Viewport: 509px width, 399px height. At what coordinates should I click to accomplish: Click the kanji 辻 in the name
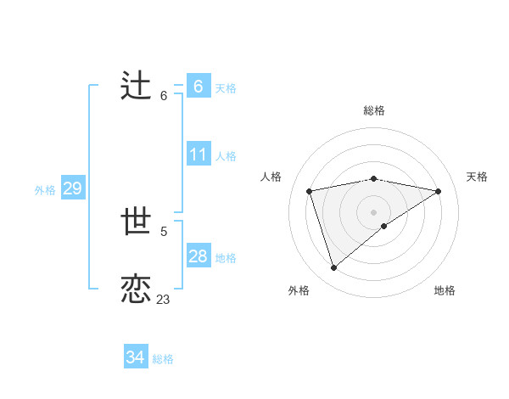pos(136,87)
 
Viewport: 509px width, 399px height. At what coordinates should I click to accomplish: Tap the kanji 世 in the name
pos(137,222)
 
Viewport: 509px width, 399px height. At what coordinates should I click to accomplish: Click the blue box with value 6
pos(199,86)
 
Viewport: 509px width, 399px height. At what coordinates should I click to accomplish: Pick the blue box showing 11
pos(199,155)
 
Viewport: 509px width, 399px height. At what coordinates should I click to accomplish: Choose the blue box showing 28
pos(199,256)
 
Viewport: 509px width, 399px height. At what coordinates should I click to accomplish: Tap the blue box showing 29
pos(73,188)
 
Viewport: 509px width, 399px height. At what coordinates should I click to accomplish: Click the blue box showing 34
pos(136,357)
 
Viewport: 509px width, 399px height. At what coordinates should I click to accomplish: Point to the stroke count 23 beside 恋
pos(163,300)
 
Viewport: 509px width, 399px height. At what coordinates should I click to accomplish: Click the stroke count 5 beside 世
pos(164,231)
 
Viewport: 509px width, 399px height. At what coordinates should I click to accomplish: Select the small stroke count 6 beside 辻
pos(164,96)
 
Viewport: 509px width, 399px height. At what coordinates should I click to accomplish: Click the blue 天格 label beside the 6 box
pos(226,87)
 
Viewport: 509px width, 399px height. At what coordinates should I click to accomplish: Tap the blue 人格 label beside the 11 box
pos(226,156)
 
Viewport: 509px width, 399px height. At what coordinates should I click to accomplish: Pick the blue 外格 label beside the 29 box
pos(45,190)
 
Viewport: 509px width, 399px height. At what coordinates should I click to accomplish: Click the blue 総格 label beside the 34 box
pos(163,359)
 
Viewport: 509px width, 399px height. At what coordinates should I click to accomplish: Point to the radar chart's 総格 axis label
pos(373,110)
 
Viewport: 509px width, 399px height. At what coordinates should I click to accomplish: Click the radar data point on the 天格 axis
pos(439,191)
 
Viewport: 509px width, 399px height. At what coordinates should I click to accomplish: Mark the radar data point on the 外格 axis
pos(333,267)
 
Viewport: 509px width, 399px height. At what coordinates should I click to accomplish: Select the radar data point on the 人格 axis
pos(310,191)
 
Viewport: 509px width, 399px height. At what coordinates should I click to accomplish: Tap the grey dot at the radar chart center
pos(373,211)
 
